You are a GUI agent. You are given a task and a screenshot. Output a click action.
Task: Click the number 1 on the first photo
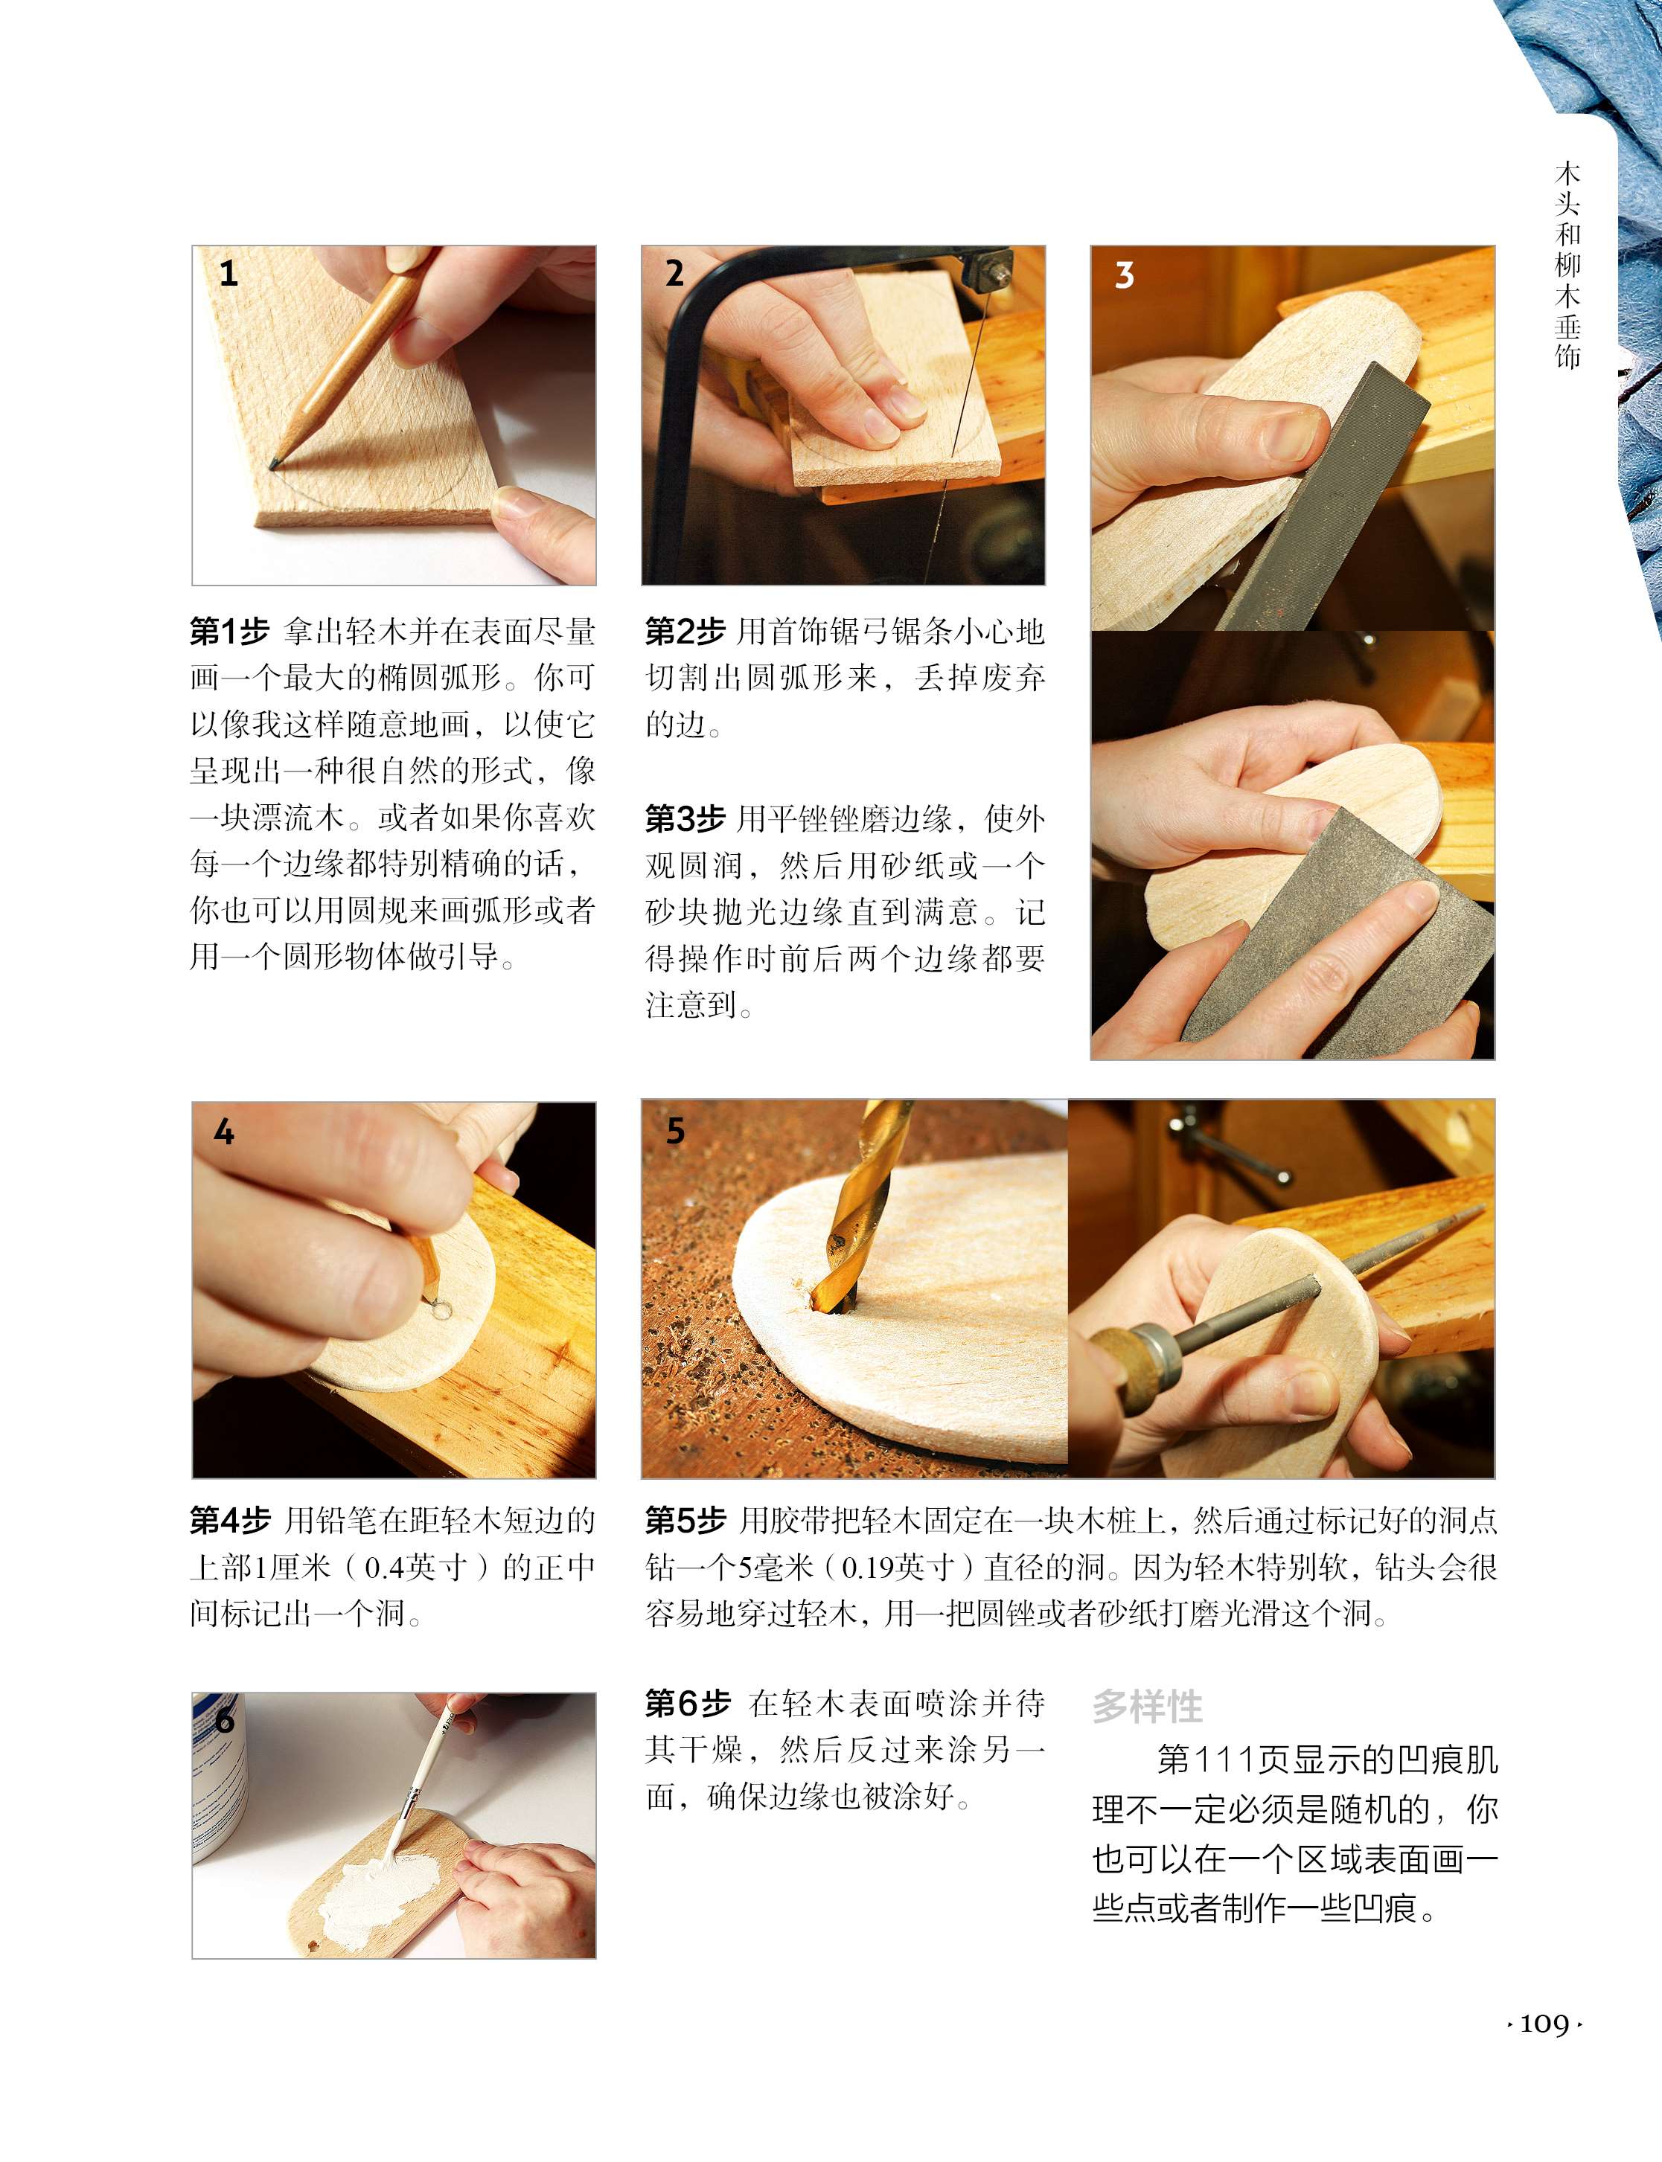(228, 273)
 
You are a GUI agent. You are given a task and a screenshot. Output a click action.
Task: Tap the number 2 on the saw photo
(674, 273)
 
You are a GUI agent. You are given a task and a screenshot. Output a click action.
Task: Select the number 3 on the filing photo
(1124, 275)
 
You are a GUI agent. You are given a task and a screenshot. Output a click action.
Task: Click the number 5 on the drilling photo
(676, 1130)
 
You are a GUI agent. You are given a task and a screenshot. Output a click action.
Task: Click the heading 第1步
(229, 631)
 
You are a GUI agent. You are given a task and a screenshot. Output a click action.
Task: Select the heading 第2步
(685, 631)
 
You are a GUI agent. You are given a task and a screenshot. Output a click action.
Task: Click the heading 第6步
(688, 1703)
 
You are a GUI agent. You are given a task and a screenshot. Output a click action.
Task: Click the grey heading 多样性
(1148, 1706)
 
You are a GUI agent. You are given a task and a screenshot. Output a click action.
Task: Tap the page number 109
(1544, 2024)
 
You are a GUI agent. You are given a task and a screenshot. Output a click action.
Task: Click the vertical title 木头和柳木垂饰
(1568, 265)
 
